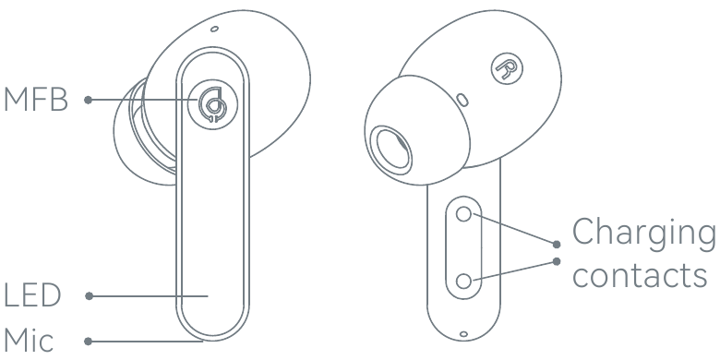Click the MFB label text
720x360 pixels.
pos(36,100)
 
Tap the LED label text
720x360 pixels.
pos(32,295)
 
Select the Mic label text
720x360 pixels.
pos(29,341)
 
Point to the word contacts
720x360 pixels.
pos(640,275)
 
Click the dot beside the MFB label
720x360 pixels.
pos(89,100)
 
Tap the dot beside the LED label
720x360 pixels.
pos(90,296)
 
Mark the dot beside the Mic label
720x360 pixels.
pos(89,342)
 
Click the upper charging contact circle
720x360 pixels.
pos(463,214)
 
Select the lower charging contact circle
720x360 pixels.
pos(463,281)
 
